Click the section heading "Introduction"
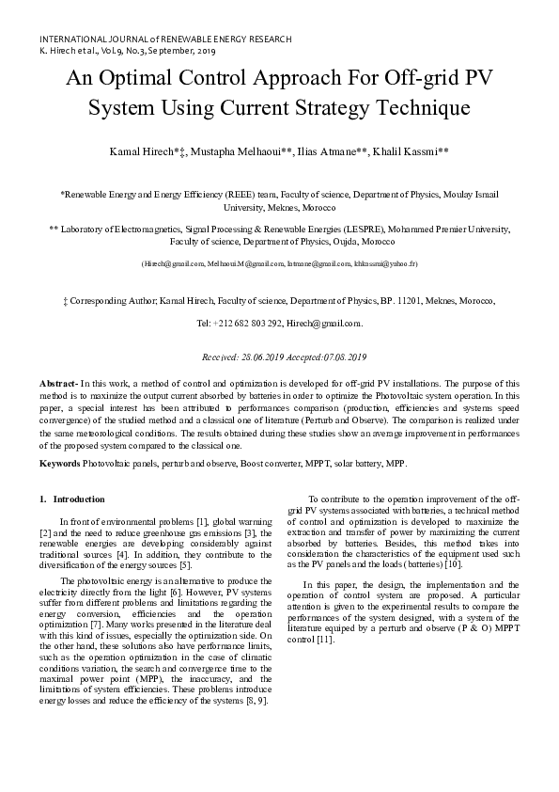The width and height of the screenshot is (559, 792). pyautogui.click(x=79, y=499)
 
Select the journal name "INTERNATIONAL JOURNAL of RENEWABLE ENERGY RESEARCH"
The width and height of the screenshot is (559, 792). pyautogui.click(x=165, y=40)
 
